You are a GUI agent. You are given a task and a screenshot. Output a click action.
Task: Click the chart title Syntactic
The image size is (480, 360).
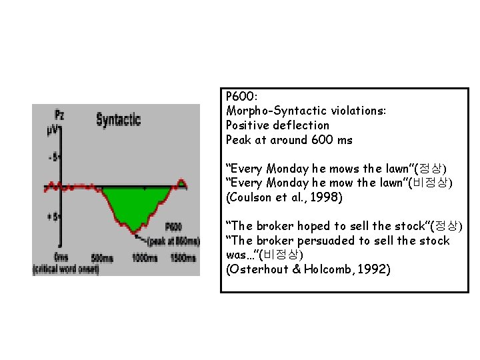(x=118, y=119)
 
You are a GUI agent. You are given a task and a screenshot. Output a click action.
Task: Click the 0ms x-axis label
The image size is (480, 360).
(x=61, y=257)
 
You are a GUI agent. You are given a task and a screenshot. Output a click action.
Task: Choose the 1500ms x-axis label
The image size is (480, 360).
(x=182, y=257)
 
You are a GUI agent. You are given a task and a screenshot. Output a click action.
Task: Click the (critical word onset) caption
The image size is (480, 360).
(x=65, y=269)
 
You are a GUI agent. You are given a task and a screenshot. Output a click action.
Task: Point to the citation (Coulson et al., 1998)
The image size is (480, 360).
(x=285, y=197)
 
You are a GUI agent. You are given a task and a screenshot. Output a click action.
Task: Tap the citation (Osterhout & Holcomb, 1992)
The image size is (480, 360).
(x=308, y=270)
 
